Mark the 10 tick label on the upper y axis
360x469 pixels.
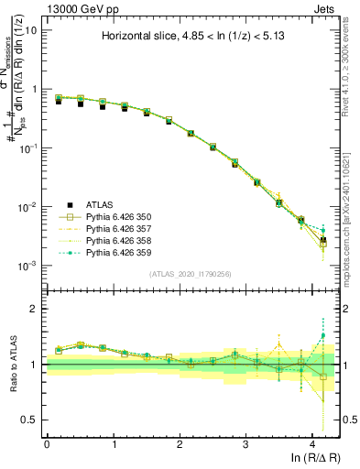(x=31, y=30)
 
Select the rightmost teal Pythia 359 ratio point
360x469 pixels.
(x=322, y=336)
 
